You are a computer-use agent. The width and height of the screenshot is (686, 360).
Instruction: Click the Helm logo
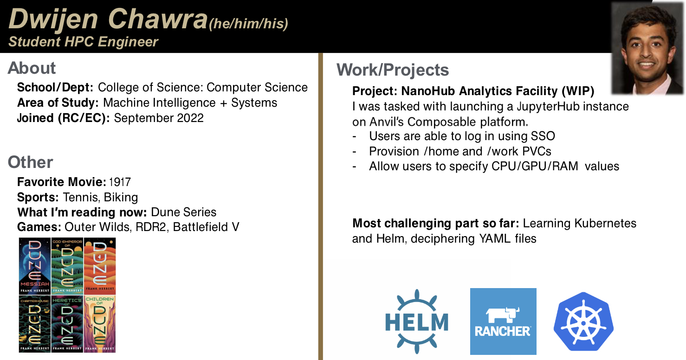pyautogui.click(x=416, y=321)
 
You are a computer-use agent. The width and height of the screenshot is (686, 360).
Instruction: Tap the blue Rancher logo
pyautogui.click(x=503, y=321)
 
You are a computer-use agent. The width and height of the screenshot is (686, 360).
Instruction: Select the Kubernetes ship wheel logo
pyautogui.click(x=583, y=321)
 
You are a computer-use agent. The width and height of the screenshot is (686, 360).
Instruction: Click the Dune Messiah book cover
pyautogui.click(x=35, y=266)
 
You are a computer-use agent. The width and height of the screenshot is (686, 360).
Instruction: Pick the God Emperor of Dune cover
pyautogui.click(x=67, y=266)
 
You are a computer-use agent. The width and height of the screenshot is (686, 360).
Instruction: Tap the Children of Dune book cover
pyautogui.click(x=100, y=324)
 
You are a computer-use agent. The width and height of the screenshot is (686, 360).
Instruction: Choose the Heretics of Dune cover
pyautogui.click(x=67, y=324)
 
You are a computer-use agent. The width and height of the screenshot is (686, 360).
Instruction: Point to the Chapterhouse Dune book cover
pyautogui.click(x=35, y=324)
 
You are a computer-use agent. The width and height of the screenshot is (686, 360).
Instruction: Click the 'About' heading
pyautogui.click(x=32, y=68)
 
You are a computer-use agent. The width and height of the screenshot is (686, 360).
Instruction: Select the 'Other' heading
pyautogui.click(x=30, y=162)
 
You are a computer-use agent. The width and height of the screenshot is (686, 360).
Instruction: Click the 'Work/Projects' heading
pyautogui.click(x=393, y=70)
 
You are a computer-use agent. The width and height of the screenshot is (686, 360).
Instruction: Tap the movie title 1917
pyautogui.click(x=120, y=182)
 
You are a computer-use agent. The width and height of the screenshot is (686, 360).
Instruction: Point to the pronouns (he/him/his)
pyautogui.click(x=248, y=24)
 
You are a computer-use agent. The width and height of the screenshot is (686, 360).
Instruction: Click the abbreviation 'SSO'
pyautogui.click(x=543, y=136)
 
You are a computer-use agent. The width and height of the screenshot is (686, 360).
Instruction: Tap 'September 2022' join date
pyautogui.click(x=159, y=118)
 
